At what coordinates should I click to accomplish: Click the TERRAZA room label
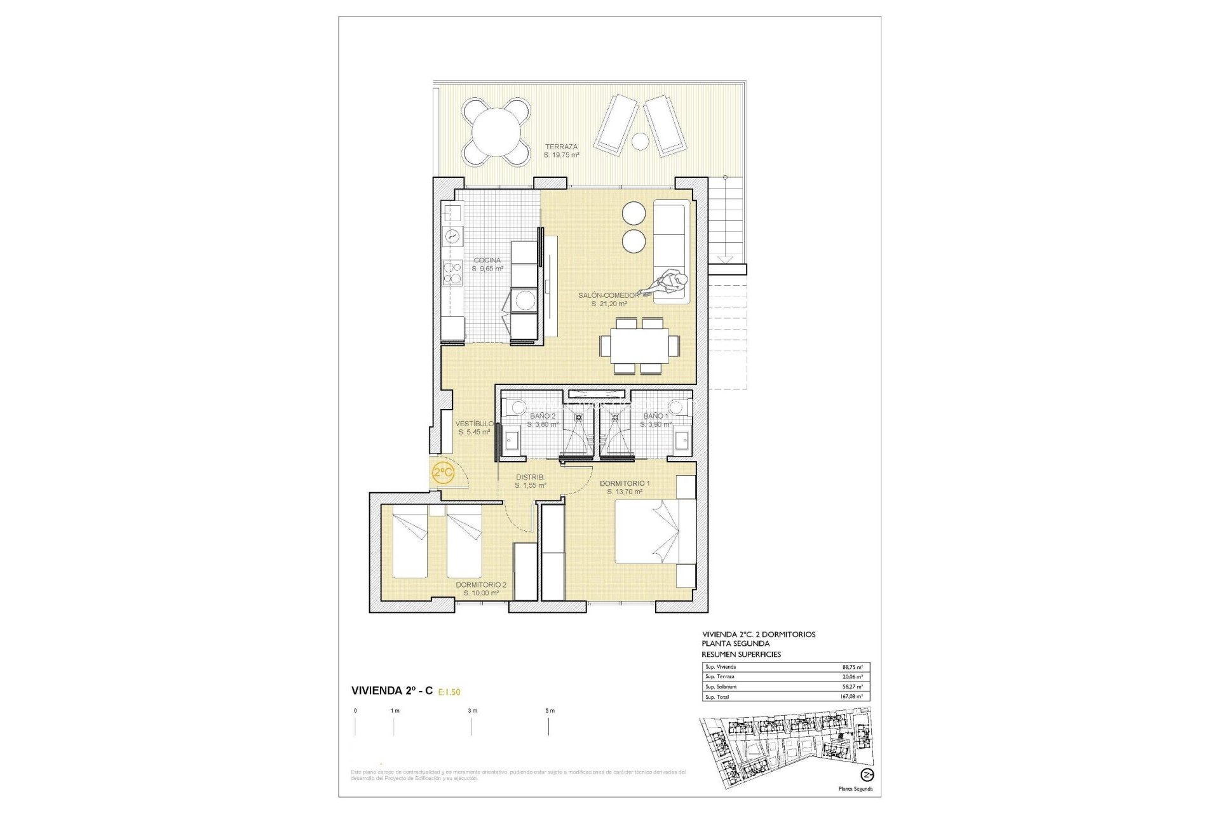561,147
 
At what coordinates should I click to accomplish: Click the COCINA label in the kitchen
487,260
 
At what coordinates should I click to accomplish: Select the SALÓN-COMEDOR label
609,295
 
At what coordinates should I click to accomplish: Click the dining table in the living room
639,346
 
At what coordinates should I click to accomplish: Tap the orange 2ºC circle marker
443,473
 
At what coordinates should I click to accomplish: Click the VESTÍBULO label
474,424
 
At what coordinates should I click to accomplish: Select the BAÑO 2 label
543,416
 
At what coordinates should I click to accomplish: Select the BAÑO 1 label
656,416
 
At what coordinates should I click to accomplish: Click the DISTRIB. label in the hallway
530,477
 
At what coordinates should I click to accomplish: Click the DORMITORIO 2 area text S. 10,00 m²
481,593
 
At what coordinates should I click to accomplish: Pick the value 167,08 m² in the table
851,697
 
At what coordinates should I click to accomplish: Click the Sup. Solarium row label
721,687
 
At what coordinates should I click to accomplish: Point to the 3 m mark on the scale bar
472,711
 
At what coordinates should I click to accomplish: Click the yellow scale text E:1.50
449,692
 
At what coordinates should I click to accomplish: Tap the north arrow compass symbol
867,775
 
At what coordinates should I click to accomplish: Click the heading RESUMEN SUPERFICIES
741,654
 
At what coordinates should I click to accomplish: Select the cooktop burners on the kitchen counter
452,272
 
